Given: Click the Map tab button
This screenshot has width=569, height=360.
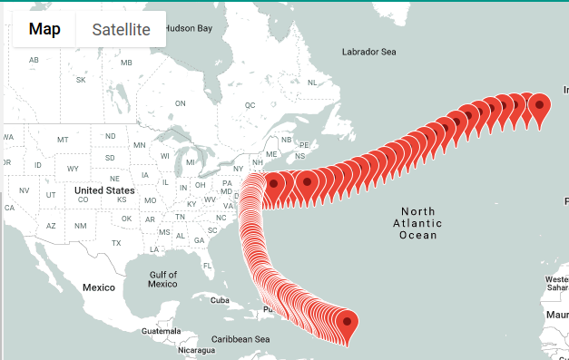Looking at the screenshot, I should [44, 29].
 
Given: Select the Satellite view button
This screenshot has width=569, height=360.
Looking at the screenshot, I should [121, 29].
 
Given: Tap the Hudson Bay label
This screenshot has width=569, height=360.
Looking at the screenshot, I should [188, 28].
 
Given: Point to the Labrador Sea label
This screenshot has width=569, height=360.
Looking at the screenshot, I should [368, 52].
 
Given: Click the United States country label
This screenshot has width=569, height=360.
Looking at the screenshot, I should [104, 190].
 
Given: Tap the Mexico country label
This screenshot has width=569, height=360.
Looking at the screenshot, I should [99, 287].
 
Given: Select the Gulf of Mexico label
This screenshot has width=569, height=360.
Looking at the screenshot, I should [162, 278].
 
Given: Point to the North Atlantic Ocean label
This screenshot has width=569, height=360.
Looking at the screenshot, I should [418, 223].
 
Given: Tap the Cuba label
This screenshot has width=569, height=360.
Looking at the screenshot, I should [220, 299].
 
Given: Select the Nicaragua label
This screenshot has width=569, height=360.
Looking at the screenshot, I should [197, 350].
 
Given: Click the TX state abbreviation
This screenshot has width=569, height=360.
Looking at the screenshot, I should [116, 243].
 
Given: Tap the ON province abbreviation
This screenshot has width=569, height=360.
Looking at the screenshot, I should [180, 103].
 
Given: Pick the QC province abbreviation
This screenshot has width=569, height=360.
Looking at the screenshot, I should [250, 105].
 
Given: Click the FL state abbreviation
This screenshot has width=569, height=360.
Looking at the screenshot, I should [207, 266].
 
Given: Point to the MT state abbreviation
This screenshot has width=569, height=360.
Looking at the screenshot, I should [63, 140].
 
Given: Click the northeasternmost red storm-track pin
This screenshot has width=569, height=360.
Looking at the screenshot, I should [540, 105].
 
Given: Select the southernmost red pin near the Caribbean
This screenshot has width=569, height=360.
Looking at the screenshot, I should [347, 322].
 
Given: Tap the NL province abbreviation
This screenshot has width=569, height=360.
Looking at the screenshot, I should [313, 83].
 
